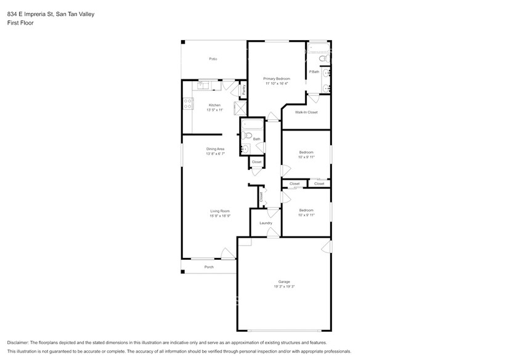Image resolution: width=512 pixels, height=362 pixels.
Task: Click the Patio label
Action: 213,59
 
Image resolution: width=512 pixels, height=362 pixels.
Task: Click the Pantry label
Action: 244,90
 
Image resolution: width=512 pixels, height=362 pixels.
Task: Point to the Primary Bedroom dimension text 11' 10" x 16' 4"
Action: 277,84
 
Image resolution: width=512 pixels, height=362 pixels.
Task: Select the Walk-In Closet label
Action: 306,113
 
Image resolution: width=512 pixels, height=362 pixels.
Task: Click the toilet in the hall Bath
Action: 245,135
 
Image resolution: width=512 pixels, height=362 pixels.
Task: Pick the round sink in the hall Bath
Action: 245,148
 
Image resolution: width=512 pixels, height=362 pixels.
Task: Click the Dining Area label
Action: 215,149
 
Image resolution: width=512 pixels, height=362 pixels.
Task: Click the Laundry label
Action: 266,223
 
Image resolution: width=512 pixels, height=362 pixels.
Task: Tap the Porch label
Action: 209,267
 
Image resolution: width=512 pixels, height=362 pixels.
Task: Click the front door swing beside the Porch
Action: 228,254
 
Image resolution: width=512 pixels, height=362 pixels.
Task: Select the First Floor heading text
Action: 21,23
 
